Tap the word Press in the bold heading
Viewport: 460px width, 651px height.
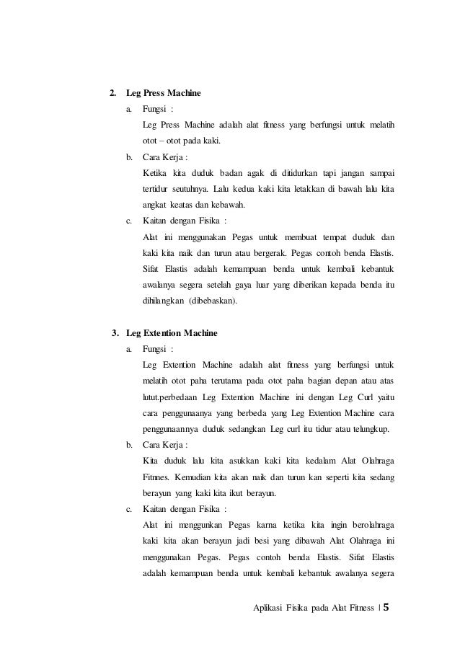click(157, 93)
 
